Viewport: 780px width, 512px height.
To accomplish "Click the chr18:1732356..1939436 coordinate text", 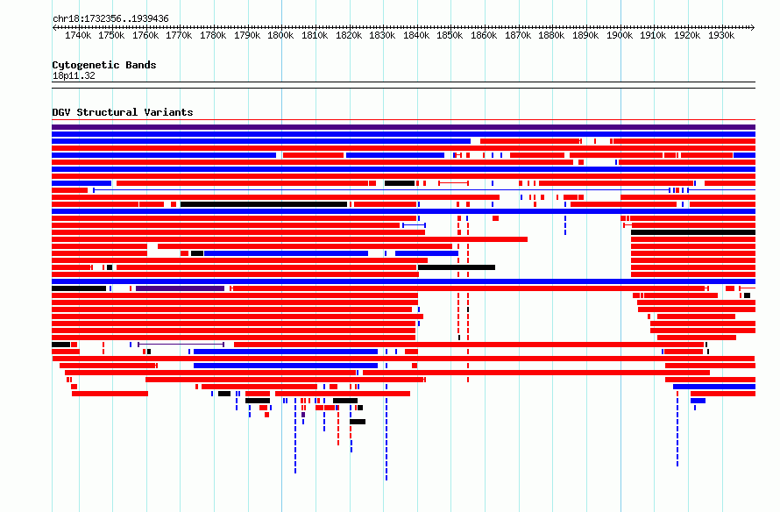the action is [110, 18].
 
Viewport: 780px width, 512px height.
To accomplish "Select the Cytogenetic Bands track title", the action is [104, 65].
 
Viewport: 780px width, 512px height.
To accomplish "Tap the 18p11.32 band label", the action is [74, 75].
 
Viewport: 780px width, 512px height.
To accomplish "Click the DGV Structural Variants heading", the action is [123, 112].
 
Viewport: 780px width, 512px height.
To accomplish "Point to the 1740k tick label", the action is [78, 35].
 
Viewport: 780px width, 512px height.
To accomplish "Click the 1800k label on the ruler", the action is [280, 35].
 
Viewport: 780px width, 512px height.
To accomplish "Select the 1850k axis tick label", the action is [450, 35].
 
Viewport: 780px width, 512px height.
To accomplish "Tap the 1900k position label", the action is [620, 35].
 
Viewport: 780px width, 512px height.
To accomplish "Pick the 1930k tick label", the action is [721, 35].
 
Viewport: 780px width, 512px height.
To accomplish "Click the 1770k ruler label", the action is [179, 35].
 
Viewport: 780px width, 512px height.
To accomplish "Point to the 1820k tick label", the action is [349, 35].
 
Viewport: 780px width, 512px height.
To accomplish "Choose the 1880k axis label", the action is [551, 35].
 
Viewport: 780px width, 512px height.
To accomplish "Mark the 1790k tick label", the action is [247, 35].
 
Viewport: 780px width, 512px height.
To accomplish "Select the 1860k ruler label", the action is [484, 35].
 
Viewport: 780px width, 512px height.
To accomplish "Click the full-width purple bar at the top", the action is [403, 127].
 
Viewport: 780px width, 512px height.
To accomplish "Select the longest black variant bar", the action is [264, 204].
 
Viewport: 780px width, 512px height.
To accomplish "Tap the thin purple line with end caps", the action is [181, 345].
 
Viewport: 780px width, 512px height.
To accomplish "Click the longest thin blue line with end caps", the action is [381, 190].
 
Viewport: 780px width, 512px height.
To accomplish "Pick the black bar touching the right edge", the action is [693, 232].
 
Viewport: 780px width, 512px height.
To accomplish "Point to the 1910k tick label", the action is [653, 35].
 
